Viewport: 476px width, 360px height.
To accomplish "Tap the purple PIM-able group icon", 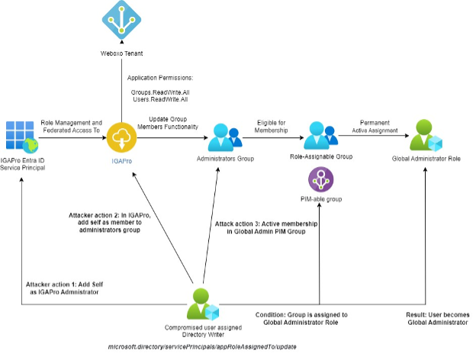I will [x=320, y=181].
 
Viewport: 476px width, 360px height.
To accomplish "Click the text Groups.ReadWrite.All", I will [x=159, y=92].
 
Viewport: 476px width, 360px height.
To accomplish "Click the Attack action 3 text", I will [x=266, y=227].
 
